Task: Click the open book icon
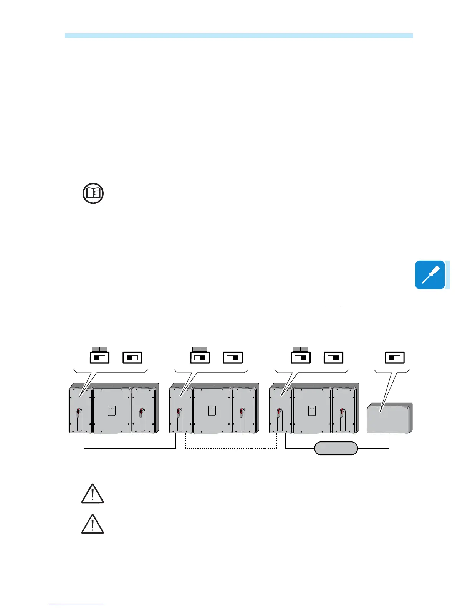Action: (x=93, y=193)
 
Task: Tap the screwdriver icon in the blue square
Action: (x=430, y=275)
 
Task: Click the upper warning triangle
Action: (x=93, y=494)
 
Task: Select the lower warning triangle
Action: (x=93, y=524)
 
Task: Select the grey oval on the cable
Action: (x=336, y=448)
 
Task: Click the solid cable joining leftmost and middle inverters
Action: (x=130, y=448)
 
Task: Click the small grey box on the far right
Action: (x=389, y=418)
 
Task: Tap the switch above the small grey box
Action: (x=395, y=358)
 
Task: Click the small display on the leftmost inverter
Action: (x=111, y=410)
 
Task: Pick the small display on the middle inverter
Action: (x=212, y=410)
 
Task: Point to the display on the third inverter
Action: (x=312, y=410)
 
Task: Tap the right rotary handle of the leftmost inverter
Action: (x=142, y=419)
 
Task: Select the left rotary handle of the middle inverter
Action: (x=179, y=419)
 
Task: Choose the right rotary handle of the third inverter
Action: (x=341, y=419)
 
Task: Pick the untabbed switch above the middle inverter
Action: (x=233, y=358)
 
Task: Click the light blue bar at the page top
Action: (x=238, y=36)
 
